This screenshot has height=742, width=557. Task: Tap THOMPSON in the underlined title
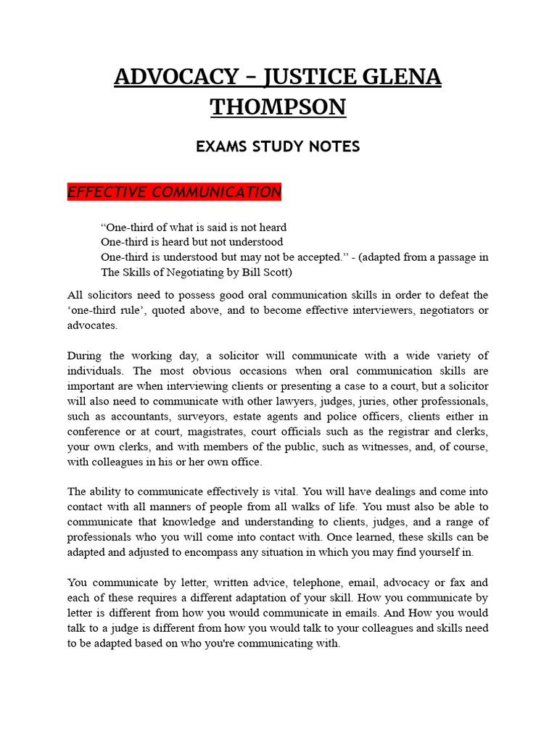(278, 107)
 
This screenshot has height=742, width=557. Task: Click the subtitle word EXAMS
(222, 146)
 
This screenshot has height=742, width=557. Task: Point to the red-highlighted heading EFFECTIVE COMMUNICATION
(174, 192)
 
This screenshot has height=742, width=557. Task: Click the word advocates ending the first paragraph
(91, 325)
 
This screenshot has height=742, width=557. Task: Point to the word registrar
(385, 432)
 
